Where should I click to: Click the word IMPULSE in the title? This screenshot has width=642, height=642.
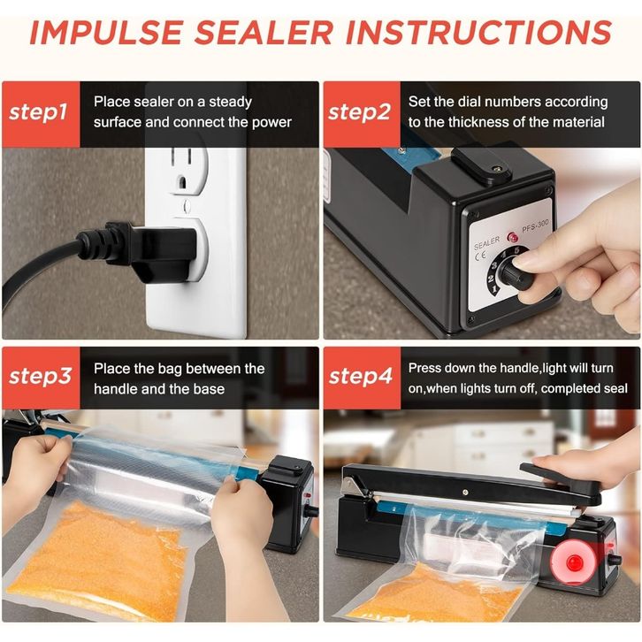coord(106,33)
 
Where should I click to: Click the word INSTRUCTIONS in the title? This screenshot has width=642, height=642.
coord(478,33)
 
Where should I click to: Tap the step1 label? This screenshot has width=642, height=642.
coord(38,111)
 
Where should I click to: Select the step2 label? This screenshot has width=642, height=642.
coord(359,111)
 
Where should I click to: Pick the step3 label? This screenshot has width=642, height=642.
coord(40,377)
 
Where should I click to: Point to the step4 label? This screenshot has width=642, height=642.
coord(360,377)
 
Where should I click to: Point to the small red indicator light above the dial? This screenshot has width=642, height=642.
coord(512,237)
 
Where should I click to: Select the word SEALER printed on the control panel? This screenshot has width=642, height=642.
coord(487,243)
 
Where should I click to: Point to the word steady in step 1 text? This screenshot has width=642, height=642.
coord(231,103)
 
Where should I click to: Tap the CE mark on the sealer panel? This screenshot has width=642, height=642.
coord(480,256)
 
